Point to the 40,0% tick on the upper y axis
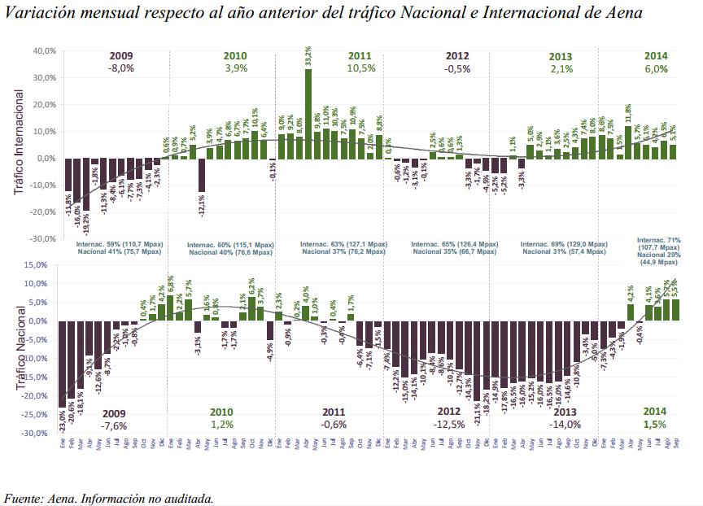pos(45,50)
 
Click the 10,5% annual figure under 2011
pos(360,69)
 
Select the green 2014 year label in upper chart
pos(656,55)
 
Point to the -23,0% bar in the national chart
pos(63,364)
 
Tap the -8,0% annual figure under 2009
pos(120,69)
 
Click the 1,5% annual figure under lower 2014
pos(654,425)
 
